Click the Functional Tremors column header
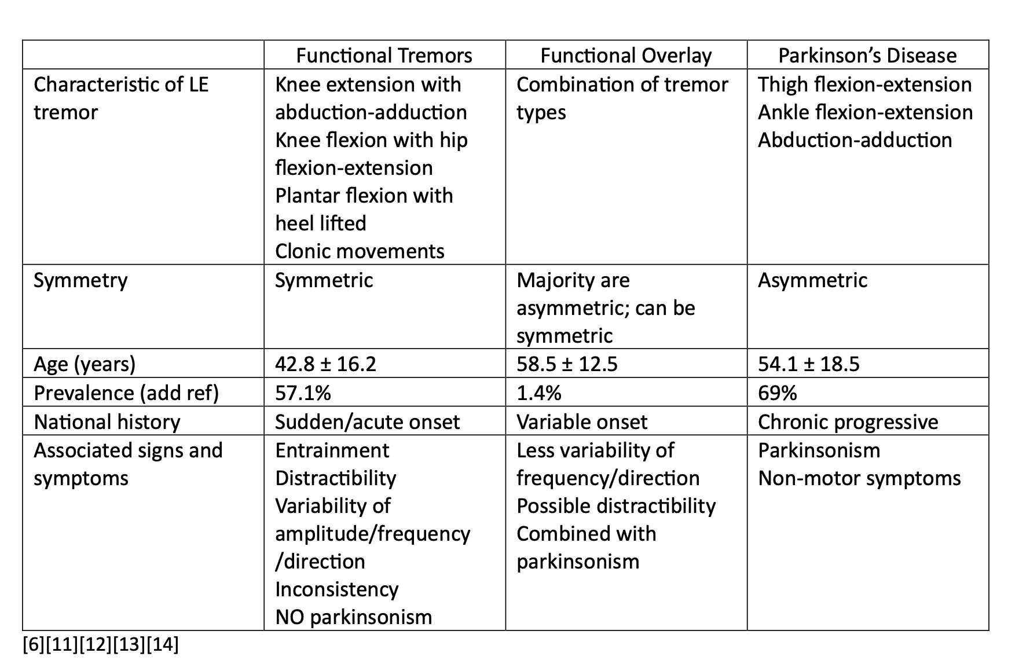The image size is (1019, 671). tap(384, 56)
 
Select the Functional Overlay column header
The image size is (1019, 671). tap(626, 56)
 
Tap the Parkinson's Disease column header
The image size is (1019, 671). tap(867, 56)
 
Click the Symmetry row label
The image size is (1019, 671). tap(80, 280)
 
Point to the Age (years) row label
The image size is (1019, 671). tap(85, 364)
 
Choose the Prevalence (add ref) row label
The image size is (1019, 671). tap(126, 393)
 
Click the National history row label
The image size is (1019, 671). tap(107, 422)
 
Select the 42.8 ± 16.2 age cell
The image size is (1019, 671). tap(325, 364)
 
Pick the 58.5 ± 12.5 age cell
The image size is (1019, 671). tap(567, 364)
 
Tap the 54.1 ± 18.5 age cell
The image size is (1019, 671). tap(808, 364)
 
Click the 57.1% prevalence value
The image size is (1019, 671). tap(303, 393)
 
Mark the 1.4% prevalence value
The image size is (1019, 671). tap(538, 393)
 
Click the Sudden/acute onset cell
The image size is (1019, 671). tap(367, 422)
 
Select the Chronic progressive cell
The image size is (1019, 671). tap(848, 422)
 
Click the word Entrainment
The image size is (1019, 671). tap(332, 450)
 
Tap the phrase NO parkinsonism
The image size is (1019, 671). tap(353, 617)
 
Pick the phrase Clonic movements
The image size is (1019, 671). tap(360, 251)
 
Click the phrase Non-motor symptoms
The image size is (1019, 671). tap(859, 478)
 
